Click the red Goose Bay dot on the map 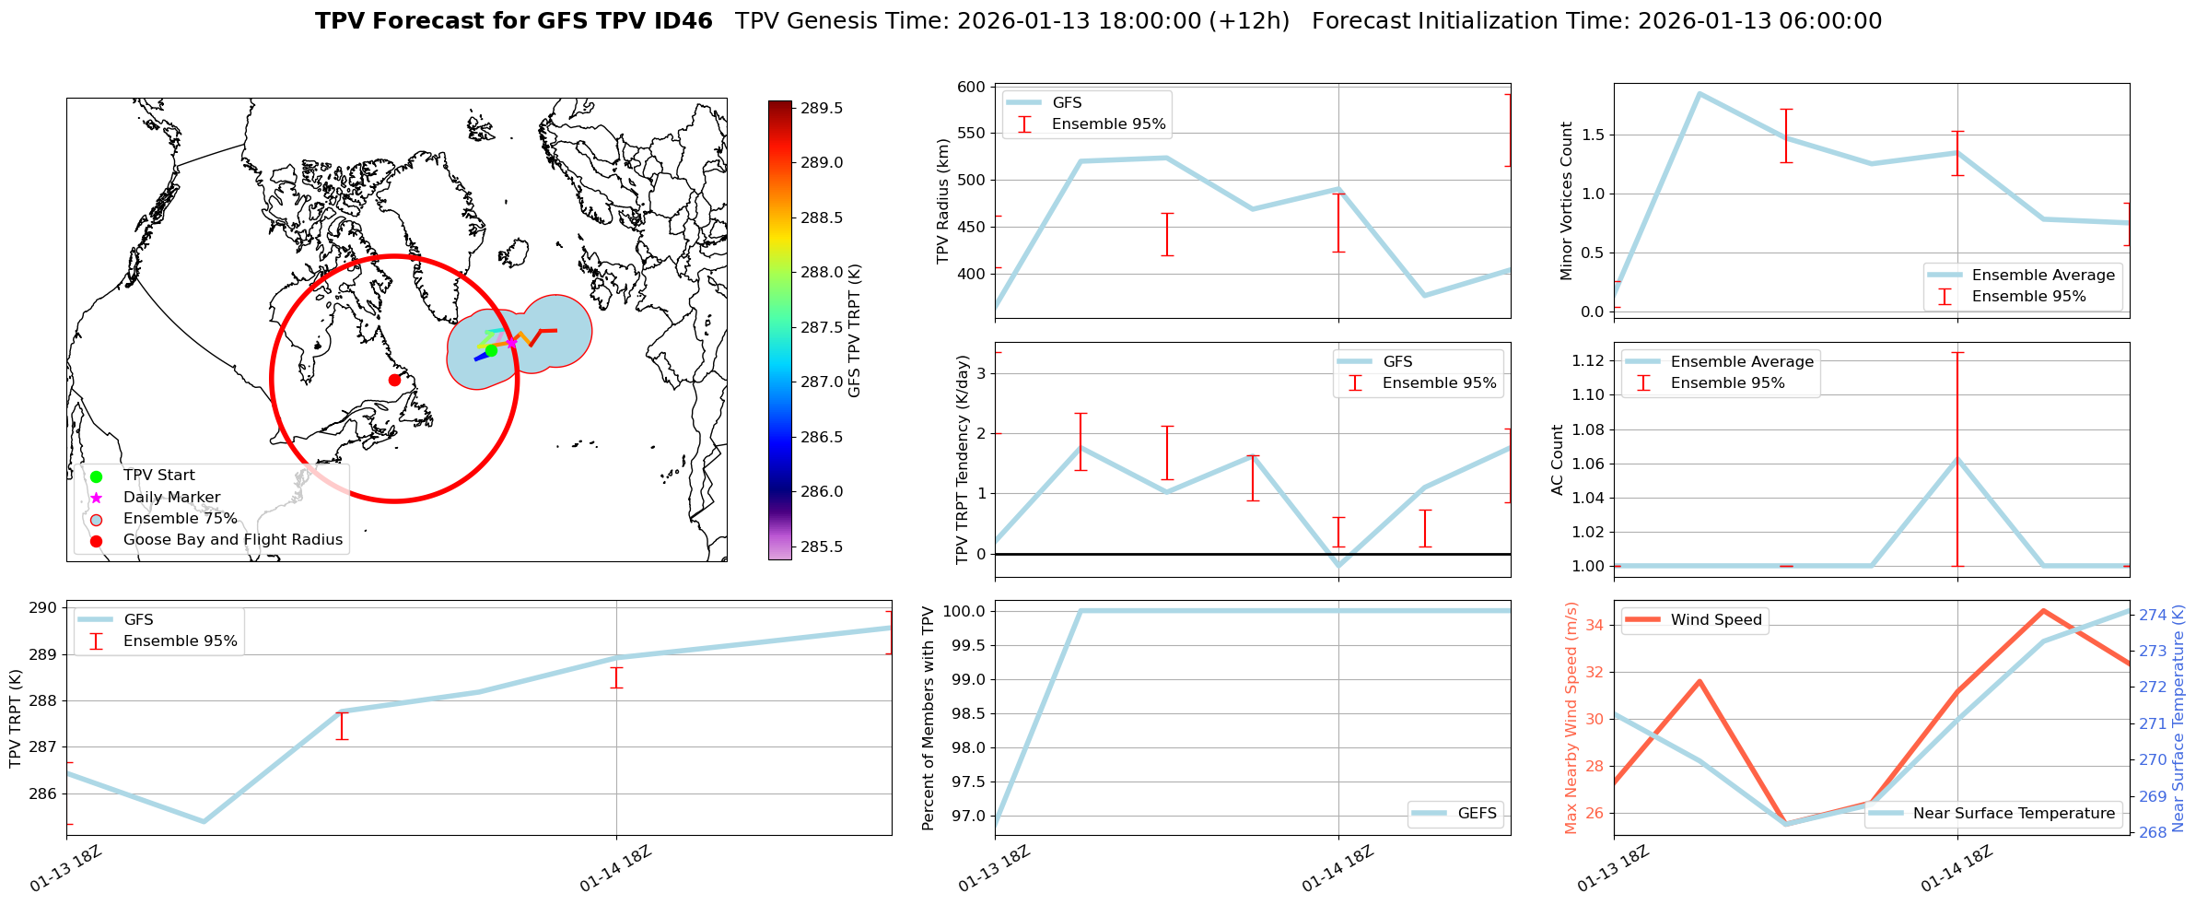click(x=394, y=380)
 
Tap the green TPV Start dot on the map click(x=491, y=350)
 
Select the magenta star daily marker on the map click(x=511, y=342)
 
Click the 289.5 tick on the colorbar click(x=821, y=108)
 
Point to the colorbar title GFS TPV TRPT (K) click(x=855, y=330)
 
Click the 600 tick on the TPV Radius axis click(x=973, y=88)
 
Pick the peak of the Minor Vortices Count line click(x=1700, y=93)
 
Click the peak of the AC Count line click(x=1957, y=459)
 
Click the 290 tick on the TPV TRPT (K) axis click(x=44, y=608)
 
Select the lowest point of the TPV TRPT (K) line click(x=204, y=821)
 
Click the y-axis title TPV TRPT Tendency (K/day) click(x=963, y=459)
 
